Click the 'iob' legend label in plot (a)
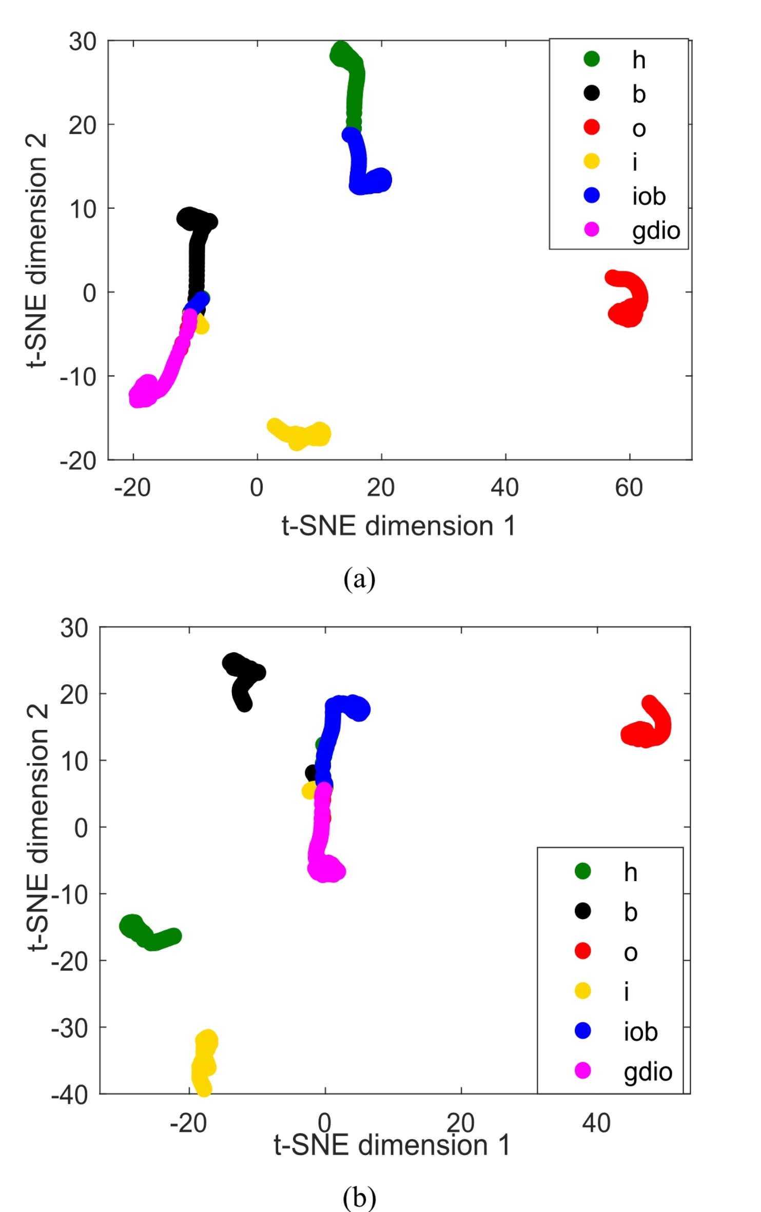click(x=649, y=196)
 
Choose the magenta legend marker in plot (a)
click(x=592, y=229)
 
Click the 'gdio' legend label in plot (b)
click(x=648, y=1071)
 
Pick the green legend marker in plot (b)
click(x=583, y=871)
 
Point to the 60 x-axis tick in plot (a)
click(x=629, y=488)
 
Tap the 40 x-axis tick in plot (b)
click(x=596, y=1123)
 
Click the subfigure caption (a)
click(x=359, y=579)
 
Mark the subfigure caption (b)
click(x=359, y=1198)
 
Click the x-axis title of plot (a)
click(x=399, y=526)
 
